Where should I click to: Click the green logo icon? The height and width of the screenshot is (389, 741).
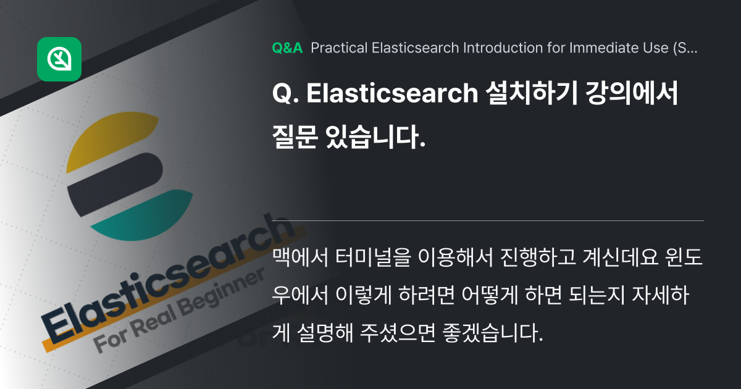coord(59,59)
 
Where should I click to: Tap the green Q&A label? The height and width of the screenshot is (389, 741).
coord(287,48)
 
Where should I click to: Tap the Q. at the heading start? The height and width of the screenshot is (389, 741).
coord(285,95)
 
